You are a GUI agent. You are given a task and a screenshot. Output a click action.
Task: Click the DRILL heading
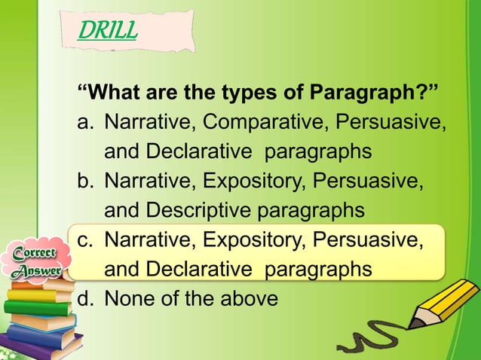pos(108,31)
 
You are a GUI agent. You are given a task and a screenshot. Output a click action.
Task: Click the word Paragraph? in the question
pos(374,94)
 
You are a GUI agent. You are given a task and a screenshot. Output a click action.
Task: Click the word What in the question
pos(114,94)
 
